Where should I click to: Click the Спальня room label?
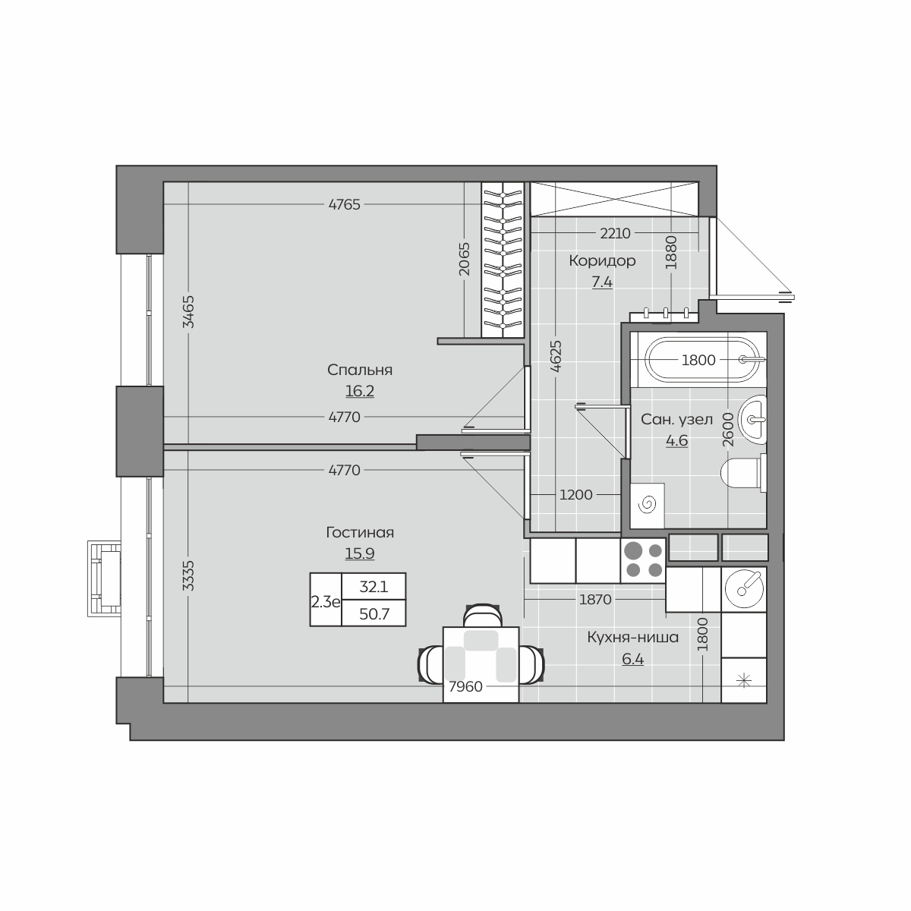360,370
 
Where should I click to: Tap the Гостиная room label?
360,533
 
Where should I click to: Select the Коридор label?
602,260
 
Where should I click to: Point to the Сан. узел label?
676,419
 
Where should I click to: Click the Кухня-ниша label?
632,637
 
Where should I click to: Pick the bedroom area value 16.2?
360,392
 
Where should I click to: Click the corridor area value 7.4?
602,282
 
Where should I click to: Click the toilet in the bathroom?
743,473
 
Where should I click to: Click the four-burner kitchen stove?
643,561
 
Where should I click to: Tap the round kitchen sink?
744,588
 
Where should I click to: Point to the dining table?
481,664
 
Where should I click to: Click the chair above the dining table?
482,616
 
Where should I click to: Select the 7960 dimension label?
465,686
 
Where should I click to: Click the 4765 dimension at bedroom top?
344,205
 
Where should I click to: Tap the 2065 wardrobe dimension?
465,259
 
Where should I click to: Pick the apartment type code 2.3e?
326,602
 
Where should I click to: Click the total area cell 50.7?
374,614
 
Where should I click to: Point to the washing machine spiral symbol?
647,505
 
